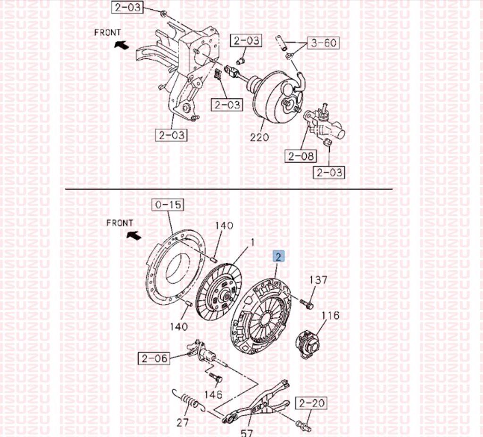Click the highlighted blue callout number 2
(x=278, y=256)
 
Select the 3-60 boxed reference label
(x=324, y=42)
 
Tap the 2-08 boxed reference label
(x=300, y=156)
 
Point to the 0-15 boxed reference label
(x=167, y=204)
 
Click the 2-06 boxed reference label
(x=154, y=358)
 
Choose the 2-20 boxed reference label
(x=311, y=403)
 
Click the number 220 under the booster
(x=259, y=137)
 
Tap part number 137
(x=318, y=280)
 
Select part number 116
(x=330, y=316)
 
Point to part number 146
(x=213, y=394)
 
